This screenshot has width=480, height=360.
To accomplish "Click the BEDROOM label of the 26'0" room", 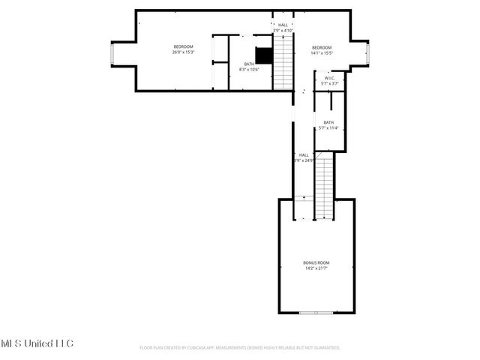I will [183, 46].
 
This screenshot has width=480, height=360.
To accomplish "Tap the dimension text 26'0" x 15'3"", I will [183, 52].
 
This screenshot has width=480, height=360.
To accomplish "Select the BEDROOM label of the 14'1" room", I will [322, 46].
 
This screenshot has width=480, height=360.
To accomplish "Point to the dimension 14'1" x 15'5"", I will [322, 52].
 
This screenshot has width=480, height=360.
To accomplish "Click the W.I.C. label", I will [329, 78].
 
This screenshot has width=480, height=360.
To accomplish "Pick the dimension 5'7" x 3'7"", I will [329, 83].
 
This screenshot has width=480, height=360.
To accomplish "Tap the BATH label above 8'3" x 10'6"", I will [248, 64].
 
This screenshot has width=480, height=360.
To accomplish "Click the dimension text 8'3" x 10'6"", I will [248, 69].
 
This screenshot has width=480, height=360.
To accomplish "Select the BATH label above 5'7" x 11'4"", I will [328, 122].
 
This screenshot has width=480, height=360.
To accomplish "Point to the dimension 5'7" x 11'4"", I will [328, 127].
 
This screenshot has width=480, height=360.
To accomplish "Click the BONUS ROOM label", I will [316, 262].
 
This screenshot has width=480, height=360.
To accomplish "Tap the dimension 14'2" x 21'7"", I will [316, 268].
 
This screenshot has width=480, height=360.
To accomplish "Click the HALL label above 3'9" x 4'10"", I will [283, 25].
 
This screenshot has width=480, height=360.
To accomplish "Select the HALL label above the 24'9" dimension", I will [304, 154].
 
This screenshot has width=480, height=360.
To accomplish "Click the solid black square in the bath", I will [262, 55].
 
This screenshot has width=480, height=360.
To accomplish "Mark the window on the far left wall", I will [112, 54].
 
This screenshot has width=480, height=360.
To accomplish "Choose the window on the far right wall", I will [368, 54].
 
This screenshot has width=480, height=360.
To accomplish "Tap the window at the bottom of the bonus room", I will [316, 313].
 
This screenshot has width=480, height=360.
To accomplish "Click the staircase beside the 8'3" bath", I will [283, 63].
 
